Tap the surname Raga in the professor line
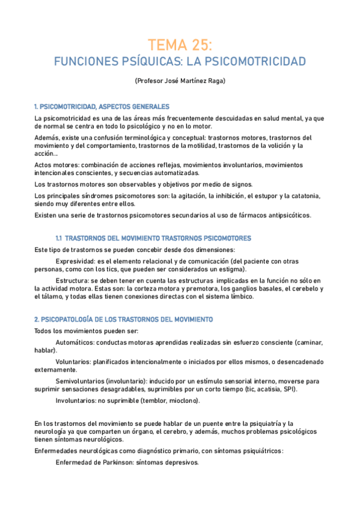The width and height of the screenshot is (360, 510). click(x=215, y=81)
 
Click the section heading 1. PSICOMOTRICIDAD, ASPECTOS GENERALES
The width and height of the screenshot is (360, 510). click(x=102, y=106)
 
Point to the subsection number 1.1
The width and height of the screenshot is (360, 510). click(x=59, y=239)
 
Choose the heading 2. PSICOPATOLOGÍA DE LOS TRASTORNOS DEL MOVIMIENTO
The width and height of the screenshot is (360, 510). click(x=123, y=319)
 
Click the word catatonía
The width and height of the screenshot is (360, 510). click(x=308, y=196)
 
